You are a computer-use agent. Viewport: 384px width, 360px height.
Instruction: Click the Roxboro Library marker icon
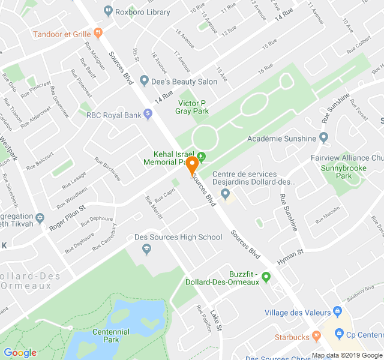[108, 10]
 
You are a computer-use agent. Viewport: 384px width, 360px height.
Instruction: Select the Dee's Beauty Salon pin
[144, 81]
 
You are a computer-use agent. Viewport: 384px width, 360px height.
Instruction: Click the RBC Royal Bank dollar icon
[148, 115]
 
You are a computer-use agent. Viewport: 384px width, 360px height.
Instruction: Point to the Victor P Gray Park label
[193, 107]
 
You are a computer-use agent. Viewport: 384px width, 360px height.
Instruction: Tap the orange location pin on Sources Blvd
[193, 166]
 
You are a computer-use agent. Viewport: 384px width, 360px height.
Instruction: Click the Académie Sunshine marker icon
[323, 139]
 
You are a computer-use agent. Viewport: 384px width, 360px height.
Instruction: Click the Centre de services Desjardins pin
[226, 193]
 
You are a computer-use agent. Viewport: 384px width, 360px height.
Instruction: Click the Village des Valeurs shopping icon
[337, 312]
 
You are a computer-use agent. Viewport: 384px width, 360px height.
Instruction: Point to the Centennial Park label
[111, 336]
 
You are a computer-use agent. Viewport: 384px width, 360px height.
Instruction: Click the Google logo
[20, 353]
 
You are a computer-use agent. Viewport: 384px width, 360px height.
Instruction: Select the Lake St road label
[216, 320]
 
